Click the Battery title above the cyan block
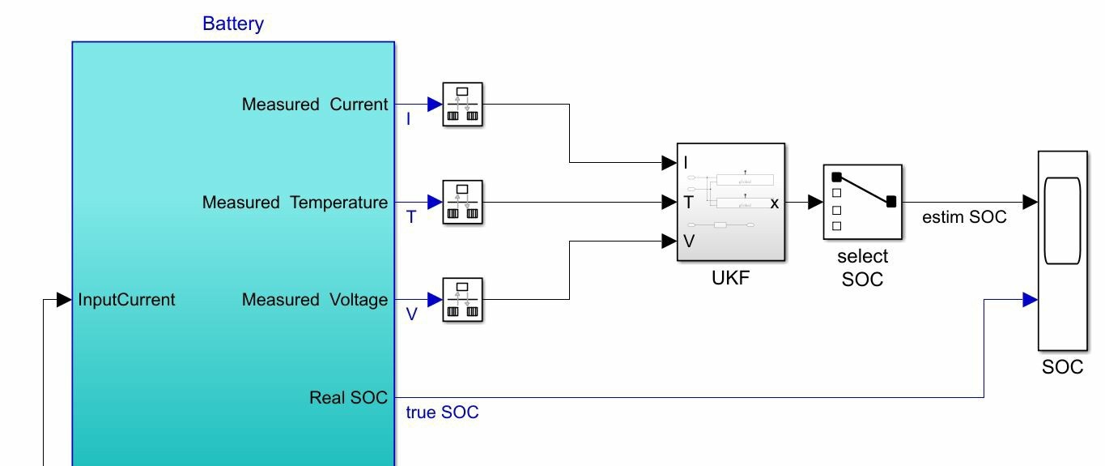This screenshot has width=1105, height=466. coord(232,24)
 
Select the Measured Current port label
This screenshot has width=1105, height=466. coord(315,105)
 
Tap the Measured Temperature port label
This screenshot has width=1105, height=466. coord(295,202)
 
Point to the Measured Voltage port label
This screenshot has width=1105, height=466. coord(315,300)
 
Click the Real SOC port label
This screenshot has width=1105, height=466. coord(348,398)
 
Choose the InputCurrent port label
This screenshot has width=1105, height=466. coord(126,300)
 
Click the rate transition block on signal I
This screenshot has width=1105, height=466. coord(462,105)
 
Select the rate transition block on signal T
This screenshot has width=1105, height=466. coord(462,202)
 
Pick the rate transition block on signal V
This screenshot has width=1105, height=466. coord(462,300)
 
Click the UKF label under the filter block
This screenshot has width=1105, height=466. coord(730,278)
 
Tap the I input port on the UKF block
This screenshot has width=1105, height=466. coord(686,163)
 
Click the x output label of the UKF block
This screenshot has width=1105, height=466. coord(775,203)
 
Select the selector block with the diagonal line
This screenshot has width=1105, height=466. coord(863,202)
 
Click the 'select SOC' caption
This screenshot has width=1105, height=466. coord(862,268)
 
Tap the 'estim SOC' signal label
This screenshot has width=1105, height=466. coord(964,217)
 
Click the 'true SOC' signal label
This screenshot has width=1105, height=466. coord(442,413)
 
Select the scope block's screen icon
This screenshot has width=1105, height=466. coord(1062,221)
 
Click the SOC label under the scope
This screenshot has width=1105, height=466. coord(1062,367)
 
